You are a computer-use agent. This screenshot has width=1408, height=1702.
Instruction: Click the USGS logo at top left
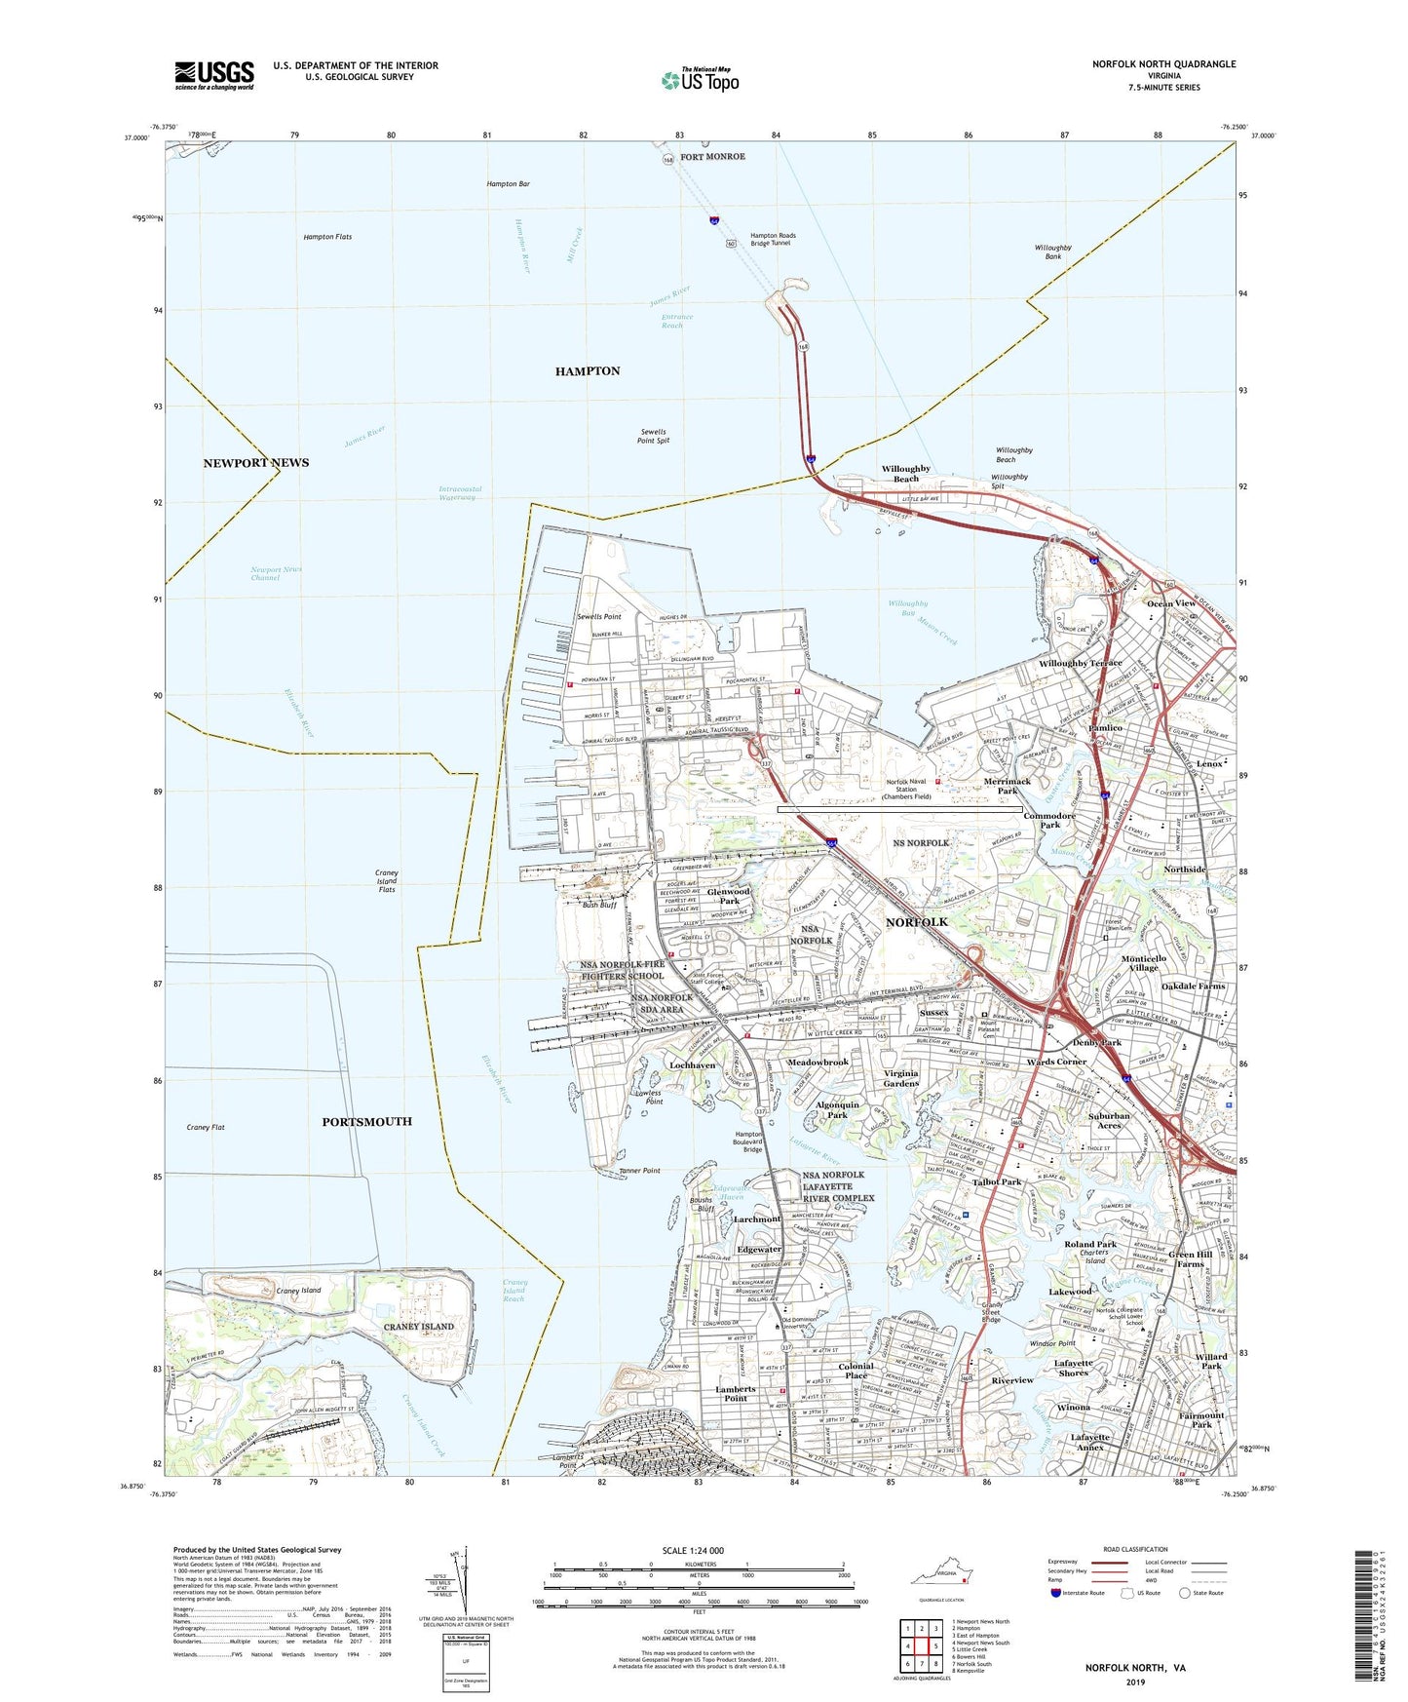(x=214, y=74)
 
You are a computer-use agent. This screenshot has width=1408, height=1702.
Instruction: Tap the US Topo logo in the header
(x=699, y=80)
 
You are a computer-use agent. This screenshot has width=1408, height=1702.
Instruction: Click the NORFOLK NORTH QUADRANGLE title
(x=1163, y=64)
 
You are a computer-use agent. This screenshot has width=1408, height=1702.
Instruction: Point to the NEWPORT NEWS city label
(x=255, y=463)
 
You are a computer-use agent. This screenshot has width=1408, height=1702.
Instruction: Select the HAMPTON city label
(x=587, y=371)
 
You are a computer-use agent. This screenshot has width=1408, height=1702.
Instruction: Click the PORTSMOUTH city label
(x=366, y=1122)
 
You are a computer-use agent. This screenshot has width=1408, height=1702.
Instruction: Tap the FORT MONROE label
(x=712, y=157)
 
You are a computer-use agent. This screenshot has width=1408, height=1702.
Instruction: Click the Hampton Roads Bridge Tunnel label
(x=770, y=239)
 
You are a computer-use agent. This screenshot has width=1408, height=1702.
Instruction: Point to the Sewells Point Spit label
(x=654, y=436)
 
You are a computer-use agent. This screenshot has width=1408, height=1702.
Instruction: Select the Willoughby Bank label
(x=1052, y=252)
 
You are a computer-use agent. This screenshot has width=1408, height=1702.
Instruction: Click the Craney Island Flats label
(x=386, y=881)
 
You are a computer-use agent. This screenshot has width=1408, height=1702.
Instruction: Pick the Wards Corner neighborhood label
(x=1056, y=1062)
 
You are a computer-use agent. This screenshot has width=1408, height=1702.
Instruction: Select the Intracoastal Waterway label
(x=460, y=493)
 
